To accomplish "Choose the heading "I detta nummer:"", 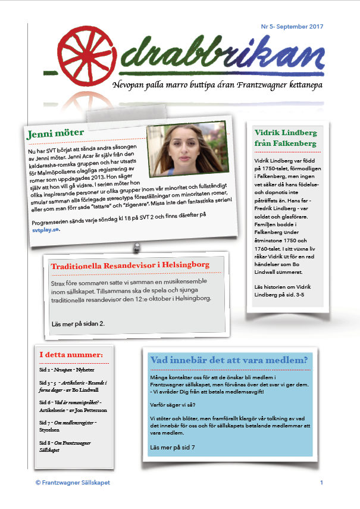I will (x=71, y=355).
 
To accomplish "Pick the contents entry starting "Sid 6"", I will (x=69, y=407).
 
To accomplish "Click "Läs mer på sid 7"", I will (x=173, y=446).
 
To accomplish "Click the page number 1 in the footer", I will (x=321, y=482).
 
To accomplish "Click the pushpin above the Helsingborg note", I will (x=136, y=244).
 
